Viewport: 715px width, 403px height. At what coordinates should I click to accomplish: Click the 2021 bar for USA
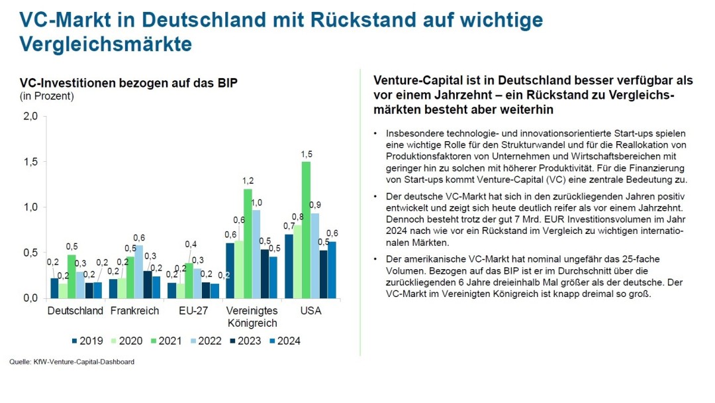tap(306, 230)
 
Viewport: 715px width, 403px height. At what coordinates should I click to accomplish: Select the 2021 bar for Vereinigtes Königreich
tap(248, 243)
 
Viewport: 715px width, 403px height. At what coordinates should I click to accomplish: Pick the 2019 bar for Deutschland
tap(54, 288)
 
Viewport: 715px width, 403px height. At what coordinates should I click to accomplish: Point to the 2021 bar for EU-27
tap(189, 280)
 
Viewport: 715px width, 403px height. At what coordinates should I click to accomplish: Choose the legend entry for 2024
tap(284, 341)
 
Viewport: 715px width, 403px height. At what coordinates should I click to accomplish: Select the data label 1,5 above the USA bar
tap(306, 154)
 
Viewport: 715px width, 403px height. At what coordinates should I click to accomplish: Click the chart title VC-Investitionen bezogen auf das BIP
tap(128, 83)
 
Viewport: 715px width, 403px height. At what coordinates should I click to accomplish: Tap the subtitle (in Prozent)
tap(46, 96)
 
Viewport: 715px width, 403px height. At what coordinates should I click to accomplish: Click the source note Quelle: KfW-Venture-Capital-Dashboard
tap(71, 362)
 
